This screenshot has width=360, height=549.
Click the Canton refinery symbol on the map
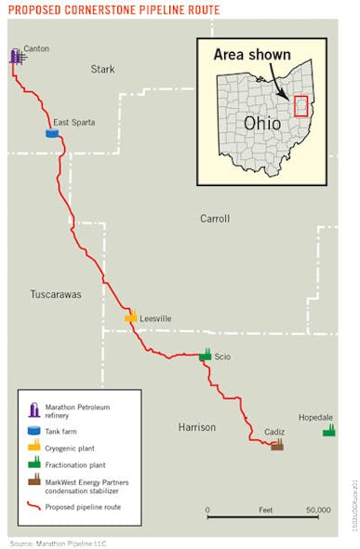tap(17, 57)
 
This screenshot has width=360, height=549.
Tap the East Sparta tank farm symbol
tap(52, 133)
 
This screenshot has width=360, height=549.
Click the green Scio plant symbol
tap(206, 354)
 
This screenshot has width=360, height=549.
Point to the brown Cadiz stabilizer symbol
tap(276, 444)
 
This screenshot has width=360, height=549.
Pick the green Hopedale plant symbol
tap(328, 430)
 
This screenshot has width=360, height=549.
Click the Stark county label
tap(102, 69)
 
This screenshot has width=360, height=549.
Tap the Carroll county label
tap(214, 219)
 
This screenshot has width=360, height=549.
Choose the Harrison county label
tap(196, 427)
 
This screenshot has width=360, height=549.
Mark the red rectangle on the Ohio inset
tap(300, 105)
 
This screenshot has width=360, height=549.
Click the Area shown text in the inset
tap(251, 55)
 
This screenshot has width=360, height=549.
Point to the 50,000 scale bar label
tap(318, 510)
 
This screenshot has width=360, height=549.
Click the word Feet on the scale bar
tap(265, 510)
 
